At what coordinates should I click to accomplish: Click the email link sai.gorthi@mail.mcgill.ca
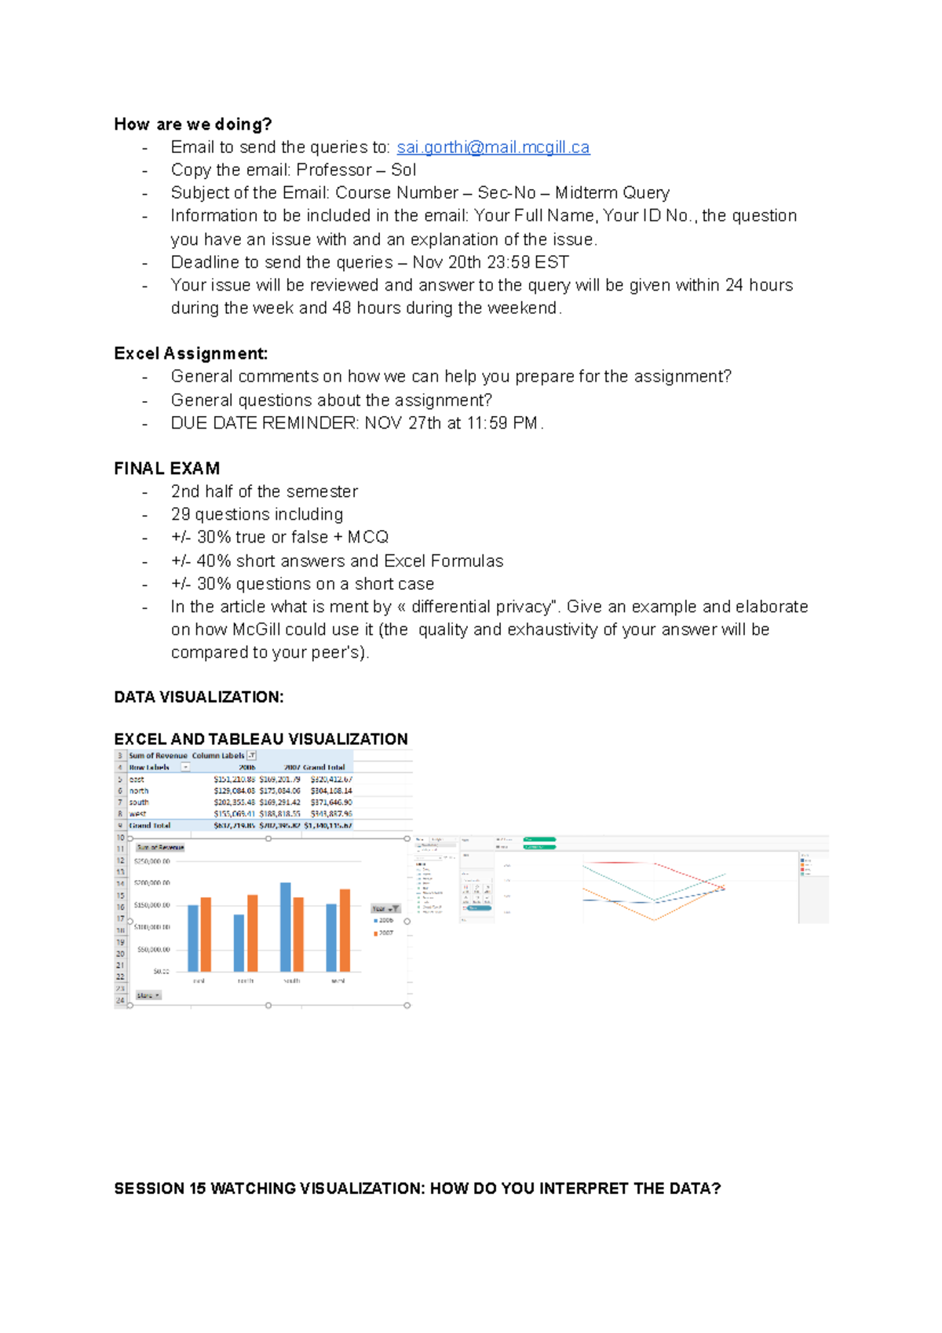tap(493, 148)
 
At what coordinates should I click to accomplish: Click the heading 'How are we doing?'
tap(192, 124)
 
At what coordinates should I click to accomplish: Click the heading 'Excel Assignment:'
tap(191, 353)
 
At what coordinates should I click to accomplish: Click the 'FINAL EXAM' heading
tap(166, 469)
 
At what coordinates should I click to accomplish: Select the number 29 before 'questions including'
tap(181, 514)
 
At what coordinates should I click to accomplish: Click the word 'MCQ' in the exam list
tap(368, 537)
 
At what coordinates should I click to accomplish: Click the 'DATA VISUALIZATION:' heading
tap(199, 697)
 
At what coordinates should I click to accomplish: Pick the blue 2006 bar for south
tap(286, 926)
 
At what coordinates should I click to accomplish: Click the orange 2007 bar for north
tap(253, 933)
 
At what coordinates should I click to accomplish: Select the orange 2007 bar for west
tap(345, 929)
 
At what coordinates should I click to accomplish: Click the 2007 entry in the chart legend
tap(385, 933)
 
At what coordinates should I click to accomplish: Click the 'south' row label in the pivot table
tap(139, 802)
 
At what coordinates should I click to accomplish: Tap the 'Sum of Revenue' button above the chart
tap(160, 847)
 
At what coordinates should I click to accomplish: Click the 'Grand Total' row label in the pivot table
tap(149, 825)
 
